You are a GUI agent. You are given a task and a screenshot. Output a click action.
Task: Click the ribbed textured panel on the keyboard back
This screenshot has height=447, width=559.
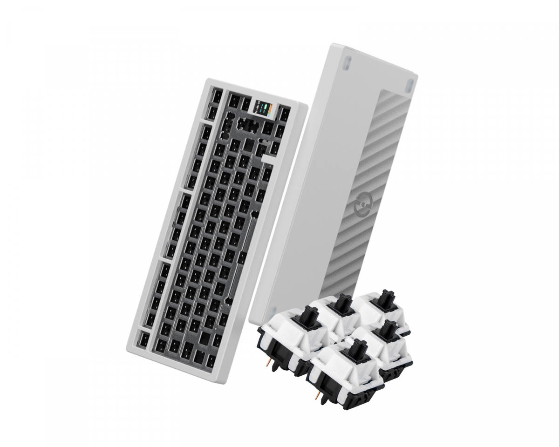(387, 186)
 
